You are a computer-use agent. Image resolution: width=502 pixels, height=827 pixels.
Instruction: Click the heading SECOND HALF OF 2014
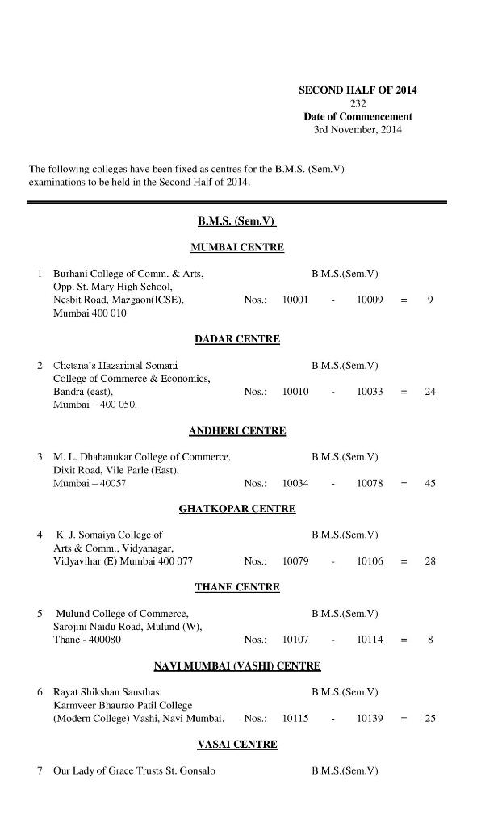[358, 90]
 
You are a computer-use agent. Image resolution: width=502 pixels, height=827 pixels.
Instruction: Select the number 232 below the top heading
[358, 103]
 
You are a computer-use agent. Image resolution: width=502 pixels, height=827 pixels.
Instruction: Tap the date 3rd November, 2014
[358, 129]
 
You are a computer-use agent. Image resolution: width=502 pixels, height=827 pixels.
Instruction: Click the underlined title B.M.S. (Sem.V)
[237, 220]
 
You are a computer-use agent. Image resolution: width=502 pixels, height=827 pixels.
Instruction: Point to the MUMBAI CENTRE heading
[237, 247]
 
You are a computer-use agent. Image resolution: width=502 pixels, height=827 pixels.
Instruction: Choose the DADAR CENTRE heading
[237, 339]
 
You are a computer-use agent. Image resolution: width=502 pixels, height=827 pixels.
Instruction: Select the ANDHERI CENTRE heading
[237, 430]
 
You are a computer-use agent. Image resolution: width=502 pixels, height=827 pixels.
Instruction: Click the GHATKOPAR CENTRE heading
[237, 509]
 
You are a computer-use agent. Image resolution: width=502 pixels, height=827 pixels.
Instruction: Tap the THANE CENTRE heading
[237, 587]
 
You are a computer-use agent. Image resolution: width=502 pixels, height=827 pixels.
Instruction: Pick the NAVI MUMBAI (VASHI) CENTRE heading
[237, 665]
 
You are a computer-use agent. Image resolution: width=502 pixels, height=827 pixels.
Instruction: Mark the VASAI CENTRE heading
[237, 744]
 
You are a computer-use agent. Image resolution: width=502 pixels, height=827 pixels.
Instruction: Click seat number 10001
[295, 300]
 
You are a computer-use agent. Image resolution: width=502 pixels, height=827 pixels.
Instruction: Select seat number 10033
[370, 391]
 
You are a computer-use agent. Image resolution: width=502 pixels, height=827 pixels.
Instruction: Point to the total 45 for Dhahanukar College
[430, 483]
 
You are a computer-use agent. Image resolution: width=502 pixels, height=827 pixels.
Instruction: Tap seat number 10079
[295, 561]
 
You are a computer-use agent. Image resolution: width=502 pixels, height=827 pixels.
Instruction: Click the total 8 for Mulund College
[430, 640]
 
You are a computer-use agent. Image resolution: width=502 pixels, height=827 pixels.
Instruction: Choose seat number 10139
[370, 718]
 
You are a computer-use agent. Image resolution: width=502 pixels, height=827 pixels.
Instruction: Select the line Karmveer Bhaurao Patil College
[123, 705]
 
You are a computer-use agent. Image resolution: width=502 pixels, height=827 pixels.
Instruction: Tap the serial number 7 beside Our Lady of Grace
[40, 770]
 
